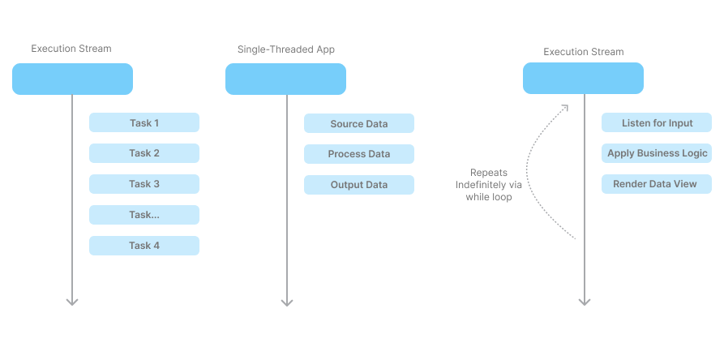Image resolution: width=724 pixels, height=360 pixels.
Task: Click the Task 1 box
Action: pyautogui.click(x=144, y=122)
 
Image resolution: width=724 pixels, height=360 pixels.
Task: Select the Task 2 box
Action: pyautogui.click(x=144, y=153)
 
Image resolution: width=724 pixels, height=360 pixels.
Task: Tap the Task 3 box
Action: pyautogui.click(x=144, y=184)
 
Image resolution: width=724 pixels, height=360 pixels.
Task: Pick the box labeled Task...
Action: pyautogui.click(x=144, y=215)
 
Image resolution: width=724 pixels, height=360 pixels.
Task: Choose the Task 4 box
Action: pyautogui.click(x=144, y=246)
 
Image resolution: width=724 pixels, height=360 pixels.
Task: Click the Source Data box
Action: pyautogui.click(x=359, y=123)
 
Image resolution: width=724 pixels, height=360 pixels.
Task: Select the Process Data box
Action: pyautogui.click(x=359, y=154)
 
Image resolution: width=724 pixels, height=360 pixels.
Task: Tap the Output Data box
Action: pyautogui.click(x=359, y=185)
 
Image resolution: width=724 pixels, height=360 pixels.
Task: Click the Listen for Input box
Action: pyautogui.click(x=657, y=122)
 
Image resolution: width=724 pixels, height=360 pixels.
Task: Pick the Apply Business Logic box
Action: pyautogui.click(x=657, y=153)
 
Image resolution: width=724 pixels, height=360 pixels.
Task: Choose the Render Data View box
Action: pyautogui.click(x=657, y=184)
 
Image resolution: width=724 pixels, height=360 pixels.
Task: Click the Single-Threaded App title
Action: pyautogui.click(x=286, y=49)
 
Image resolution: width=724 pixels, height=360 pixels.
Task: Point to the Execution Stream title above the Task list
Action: pyautogui.click(x=71, y=49)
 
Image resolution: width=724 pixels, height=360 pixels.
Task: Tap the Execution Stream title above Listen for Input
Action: pyautogui.click(x=583, y=52)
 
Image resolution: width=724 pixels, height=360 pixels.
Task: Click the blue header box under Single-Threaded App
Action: pyautogui.click(x=286, y=79)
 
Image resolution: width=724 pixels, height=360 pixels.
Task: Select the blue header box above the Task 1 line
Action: pyautogui.click(x=72, y=79)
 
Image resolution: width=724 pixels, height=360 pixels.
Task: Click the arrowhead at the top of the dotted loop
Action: pyautogui.click(x=565, y=107)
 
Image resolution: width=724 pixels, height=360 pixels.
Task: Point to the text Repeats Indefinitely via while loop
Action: pyautogui.click(x=489, y=185)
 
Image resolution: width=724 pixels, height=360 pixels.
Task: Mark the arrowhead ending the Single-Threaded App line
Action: pyautogui.click(x=287, y=302)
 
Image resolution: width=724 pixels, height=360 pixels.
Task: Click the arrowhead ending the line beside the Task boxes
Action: pyautogui.click(x=72, y=302)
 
